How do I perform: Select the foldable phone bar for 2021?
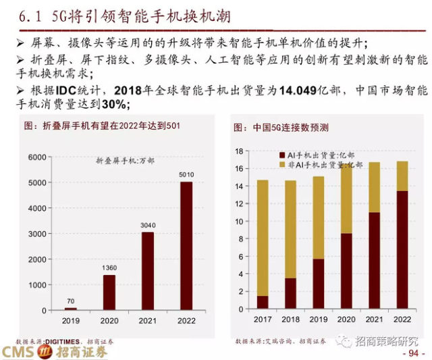coord(148,270)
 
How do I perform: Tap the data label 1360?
coord(109,267)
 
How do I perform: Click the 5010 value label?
coord(186,174)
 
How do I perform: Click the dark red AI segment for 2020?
coord(346,270)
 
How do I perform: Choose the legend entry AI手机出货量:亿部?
coord(317,155)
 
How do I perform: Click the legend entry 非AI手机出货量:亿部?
coord(321,164)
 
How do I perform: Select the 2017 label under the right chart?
coord(262,319)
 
